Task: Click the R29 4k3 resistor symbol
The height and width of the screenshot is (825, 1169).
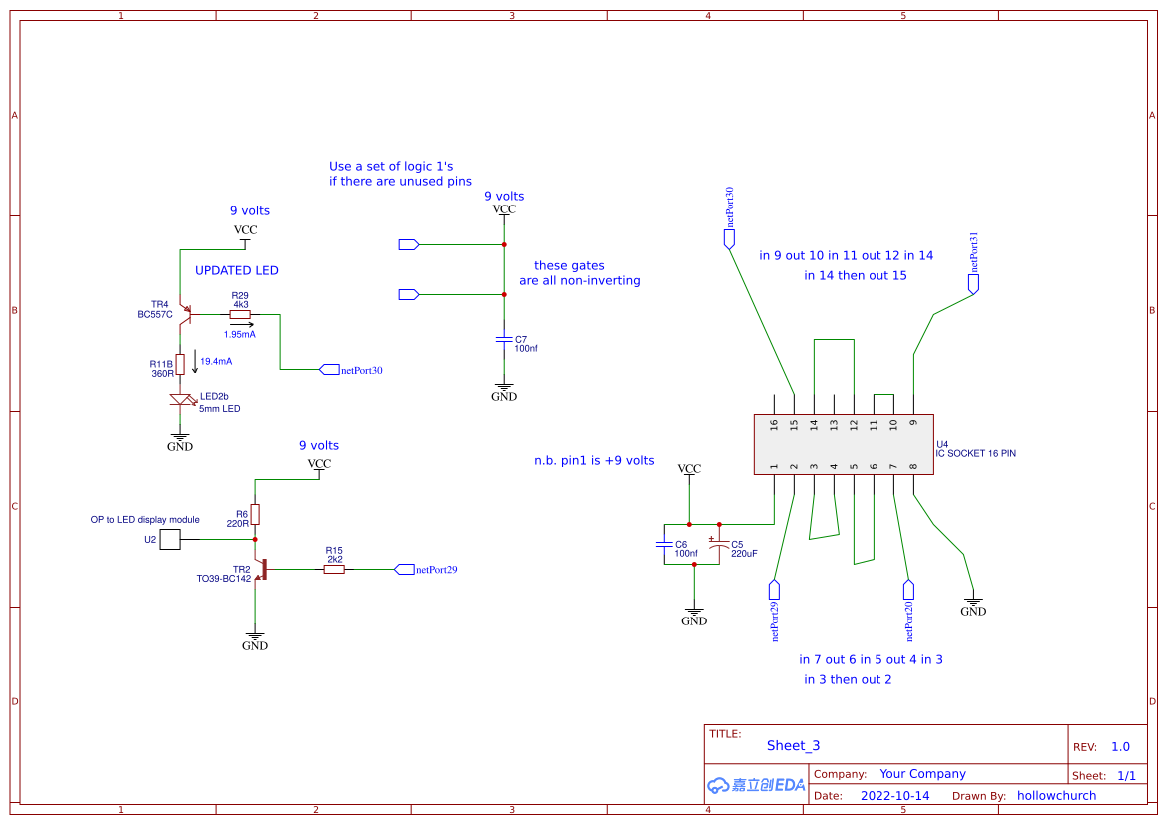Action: (240, 314)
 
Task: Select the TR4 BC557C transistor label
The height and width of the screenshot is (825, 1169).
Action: (155, 309)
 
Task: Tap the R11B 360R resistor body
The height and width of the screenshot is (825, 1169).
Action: (180, 363)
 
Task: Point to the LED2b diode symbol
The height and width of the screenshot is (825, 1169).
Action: (181, 400)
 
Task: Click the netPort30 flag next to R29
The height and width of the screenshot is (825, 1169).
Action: (330, 370)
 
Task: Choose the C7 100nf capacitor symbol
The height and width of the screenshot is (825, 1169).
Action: (504, 340)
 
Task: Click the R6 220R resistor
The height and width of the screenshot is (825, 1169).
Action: (255, 514)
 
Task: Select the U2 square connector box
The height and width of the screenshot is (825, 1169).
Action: (171, 539)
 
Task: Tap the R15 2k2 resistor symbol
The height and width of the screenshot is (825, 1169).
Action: (334, 569)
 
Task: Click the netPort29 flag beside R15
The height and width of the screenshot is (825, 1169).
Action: (404, 569)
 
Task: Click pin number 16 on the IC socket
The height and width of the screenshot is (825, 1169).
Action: (775, 424)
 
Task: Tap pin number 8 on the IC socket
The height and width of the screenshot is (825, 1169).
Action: (913, 466)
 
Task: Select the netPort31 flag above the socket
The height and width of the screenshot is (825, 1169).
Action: (973, 283)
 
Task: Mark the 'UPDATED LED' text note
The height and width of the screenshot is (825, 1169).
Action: (237, 270)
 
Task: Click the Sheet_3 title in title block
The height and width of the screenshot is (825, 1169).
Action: (793, 745)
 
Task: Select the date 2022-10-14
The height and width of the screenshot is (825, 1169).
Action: (894, 796)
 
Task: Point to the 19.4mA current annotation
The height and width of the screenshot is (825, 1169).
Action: (216, 361)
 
